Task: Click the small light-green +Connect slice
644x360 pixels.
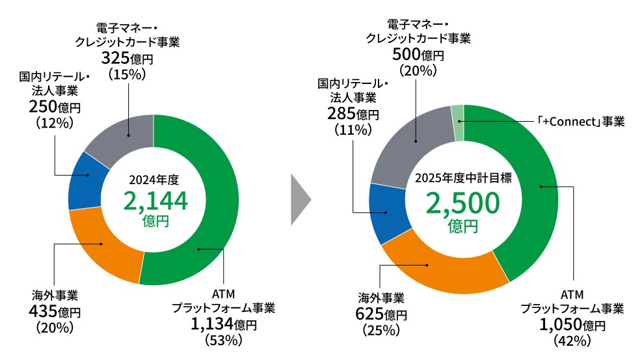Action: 457,113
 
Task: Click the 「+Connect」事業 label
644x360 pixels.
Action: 581,122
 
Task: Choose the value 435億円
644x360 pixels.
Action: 56,312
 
